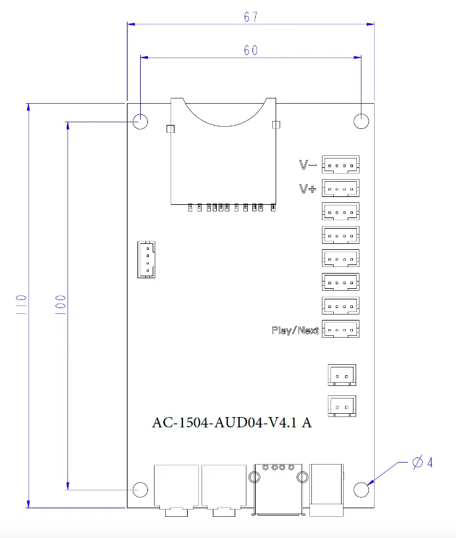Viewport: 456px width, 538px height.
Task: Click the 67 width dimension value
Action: click(250, 17)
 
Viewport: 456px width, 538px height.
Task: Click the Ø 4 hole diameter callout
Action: click(422, 463)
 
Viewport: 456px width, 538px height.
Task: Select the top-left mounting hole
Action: click(141, 122)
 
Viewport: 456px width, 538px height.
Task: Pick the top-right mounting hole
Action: click(361, 122)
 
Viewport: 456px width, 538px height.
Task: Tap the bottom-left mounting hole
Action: click(141, 490)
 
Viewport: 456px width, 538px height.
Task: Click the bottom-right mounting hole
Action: click(361, 490)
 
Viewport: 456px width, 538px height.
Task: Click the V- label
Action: click(308, 165)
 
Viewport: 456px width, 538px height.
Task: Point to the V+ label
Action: click(307, 189)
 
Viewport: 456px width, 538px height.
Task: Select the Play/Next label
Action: click(295, 330)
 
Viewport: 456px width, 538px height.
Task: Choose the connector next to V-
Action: click(341, 165)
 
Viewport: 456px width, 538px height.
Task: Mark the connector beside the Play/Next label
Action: click(341, 330)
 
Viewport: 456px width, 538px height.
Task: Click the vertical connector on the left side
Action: click(147, 259)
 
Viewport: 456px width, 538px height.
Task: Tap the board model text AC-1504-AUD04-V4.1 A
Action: click(232, 423)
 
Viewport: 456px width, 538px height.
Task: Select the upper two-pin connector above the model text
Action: click(342, 374)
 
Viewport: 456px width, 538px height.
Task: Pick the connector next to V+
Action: click(341, 189)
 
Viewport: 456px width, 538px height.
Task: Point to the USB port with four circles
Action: click(279, 488)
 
